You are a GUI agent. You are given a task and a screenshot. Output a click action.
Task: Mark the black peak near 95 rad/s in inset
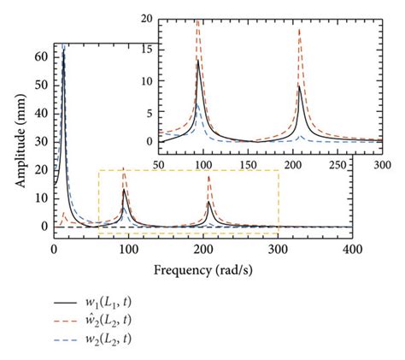[198, 60]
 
